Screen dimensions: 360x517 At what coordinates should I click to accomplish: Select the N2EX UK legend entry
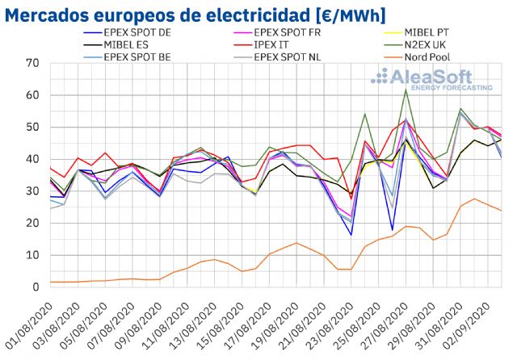click(x=443, y=45)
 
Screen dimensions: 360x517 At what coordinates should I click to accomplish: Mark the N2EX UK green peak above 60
click(x=405, y=90)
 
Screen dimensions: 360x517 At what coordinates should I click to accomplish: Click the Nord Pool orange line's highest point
click(x=474, y=199)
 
